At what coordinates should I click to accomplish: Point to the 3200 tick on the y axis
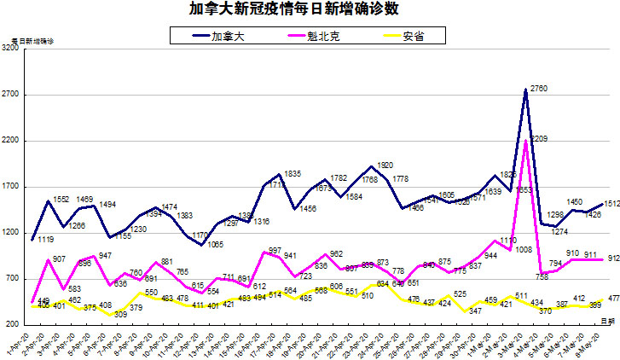pos(11,49)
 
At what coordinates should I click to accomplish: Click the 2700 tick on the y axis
pos(11,96)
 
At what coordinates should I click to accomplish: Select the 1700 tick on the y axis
pos(11,187)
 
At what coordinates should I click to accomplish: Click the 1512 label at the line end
pos(611,204)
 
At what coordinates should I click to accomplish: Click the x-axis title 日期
pos(607,319)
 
